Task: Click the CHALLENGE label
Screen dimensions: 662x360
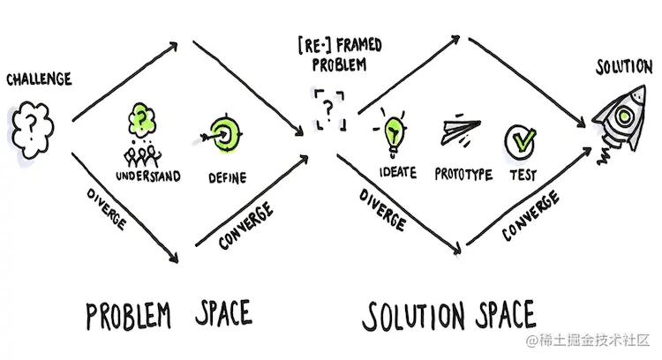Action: coord(39,79)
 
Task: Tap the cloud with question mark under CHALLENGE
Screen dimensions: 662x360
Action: coord(33,130)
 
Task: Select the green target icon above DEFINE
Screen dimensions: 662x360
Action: coord(224,134)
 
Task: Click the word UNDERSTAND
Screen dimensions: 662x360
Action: coord(148,176)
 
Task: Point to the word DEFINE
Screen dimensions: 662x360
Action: coord(228,177)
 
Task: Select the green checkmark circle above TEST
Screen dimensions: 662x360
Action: coord(520,141)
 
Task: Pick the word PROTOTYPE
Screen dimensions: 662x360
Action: coord(463,174)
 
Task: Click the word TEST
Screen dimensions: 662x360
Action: coord(523,175)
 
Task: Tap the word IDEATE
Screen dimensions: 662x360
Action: coord(398,172)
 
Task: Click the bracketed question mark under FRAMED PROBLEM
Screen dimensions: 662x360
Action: coord(330,109)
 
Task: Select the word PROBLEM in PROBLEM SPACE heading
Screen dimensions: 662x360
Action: coord(128,315)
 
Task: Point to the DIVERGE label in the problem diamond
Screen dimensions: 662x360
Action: coord(107,209)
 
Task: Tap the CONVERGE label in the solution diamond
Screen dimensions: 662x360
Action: coord(530,215)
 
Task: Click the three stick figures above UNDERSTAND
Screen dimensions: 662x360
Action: coord(142,156)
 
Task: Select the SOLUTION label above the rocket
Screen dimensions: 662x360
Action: coord(624,67)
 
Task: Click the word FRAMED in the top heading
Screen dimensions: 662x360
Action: coord(359,46)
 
